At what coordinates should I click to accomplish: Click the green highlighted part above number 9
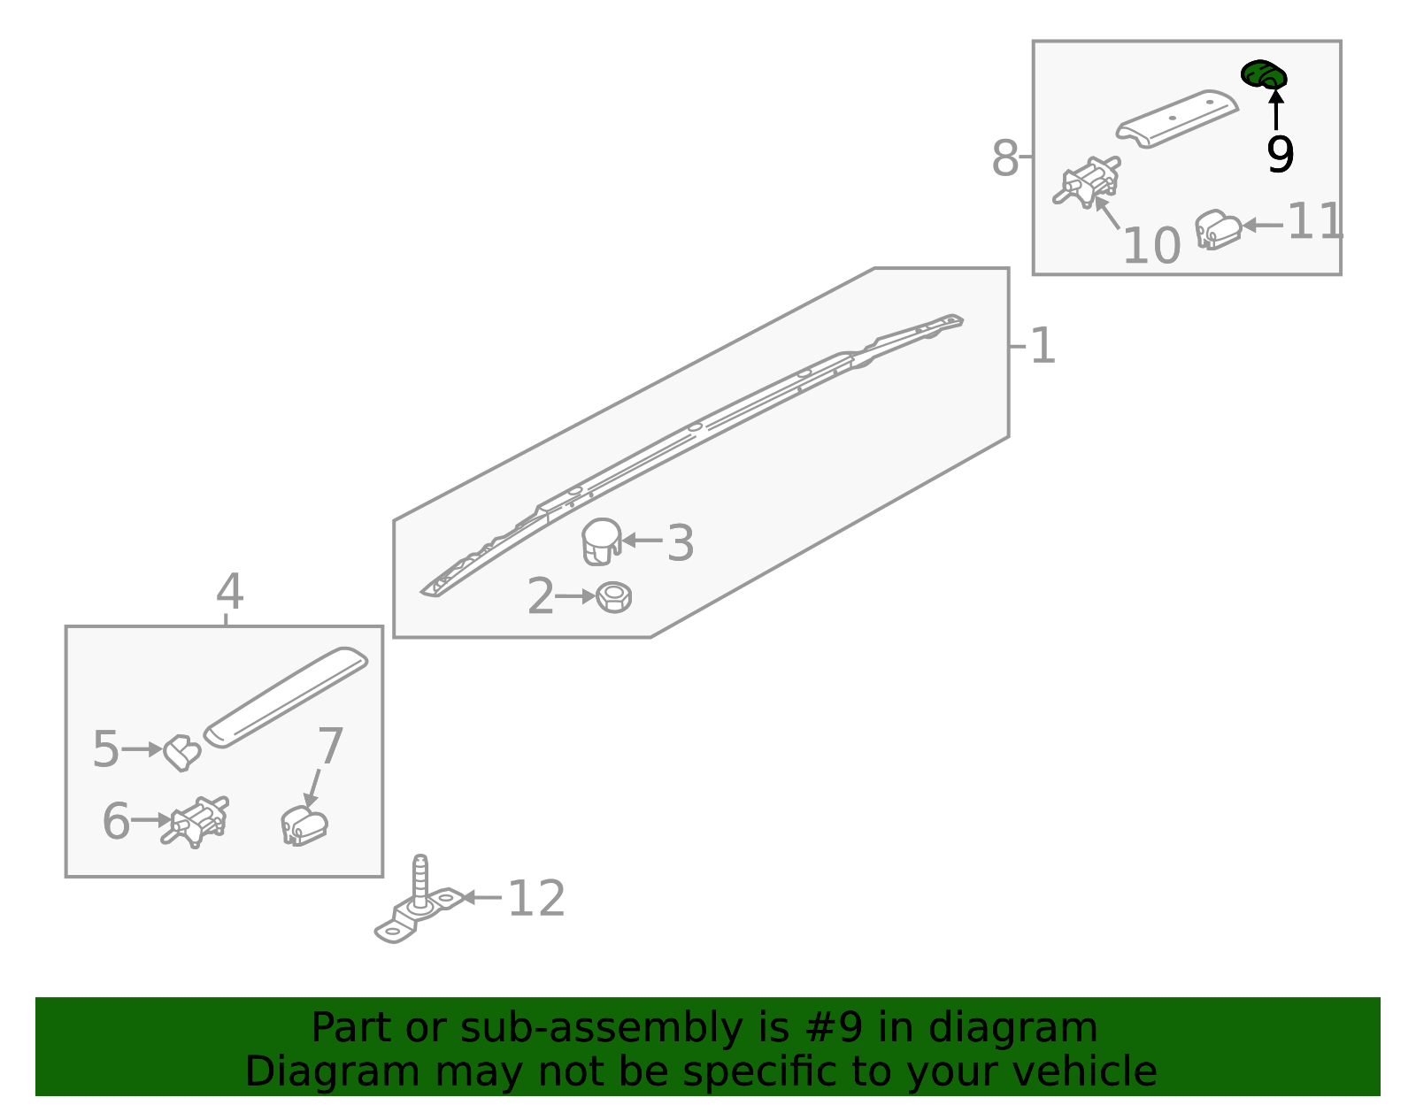[1263, 74]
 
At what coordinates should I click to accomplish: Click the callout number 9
[1280, 155]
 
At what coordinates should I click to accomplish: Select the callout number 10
[1150, 246]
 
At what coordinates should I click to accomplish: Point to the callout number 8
[1004, 158]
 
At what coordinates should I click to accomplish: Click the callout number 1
[1043, 346]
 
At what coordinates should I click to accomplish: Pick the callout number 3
[681, 542]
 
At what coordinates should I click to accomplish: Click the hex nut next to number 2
[613, 597]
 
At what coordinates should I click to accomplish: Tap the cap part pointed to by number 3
[601, 541]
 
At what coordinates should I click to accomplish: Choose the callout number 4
[229, 591]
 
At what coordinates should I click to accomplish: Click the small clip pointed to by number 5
[181, 752]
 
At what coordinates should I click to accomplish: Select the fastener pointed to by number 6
[195, 821]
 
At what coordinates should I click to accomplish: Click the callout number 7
[330, 746]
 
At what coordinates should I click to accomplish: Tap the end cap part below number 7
[304, 825]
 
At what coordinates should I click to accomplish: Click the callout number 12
[535, 899]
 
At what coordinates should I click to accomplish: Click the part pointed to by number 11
[1217, 229]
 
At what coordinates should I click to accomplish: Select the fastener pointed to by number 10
[1087, 181]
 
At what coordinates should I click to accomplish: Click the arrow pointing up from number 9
[1276, 110]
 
